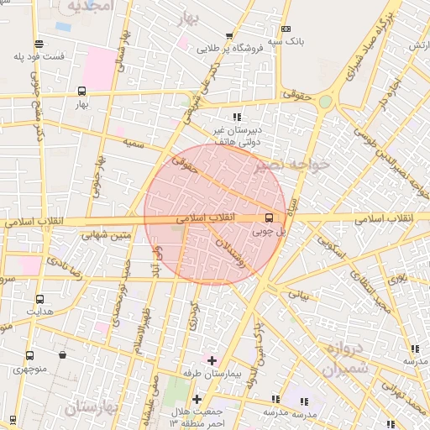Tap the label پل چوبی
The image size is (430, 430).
coord(270,230)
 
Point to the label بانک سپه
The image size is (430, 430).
coord(286,40)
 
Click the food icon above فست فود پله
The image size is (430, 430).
coord(39,44)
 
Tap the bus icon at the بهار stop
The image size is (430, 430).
coord(81,91)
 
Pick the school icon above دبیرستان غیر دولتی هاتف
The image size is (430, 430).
coord(238,117)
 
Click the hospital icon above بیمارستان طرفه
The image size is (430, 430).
coord(212,359)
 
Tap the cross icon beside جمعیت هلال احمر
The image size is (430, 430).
coord(197,400)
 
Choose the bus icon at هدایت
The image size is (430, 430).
coord(39,299)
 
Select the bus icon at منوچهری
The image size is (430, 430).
coord(30,355)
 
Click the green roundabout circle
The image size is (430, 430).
coord(325,102)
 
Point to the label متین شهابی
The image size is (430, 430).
coord(107,235)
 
